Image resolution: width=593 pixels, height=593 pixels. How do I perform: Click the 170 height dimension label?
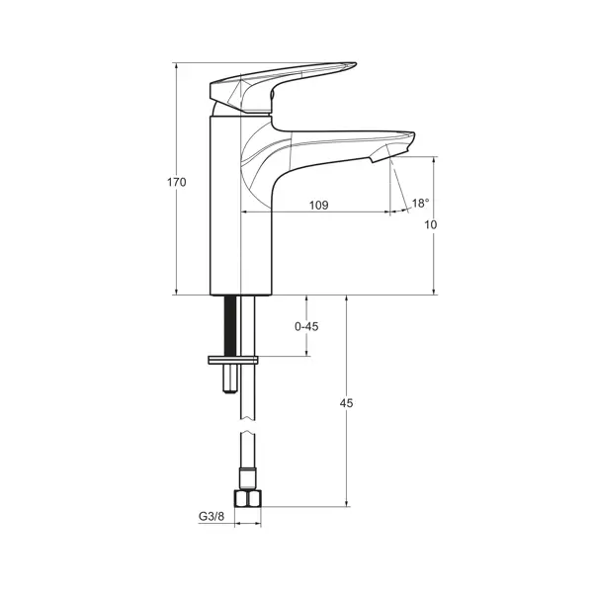pos(177,182)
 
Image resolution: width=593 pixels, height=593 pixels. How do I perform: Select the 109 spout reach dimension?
pos(319,205)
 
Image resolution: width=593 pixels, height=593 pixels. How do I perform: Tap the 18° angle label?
pos(421,203)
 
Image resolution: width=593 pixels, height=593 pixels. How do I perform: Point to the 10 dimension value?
pos(430,224)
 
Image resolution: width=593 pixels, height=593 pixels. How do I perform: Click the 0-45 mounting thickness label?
pos(306,326)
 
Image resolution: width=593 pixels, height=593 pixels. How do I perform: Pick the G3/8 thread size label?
pos(212,516)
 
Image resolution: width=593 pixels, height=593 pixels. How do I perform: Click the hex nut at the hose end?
pos(248,499)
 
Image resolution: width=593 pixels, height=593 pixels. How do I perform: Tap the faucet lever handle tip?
pos(354,64)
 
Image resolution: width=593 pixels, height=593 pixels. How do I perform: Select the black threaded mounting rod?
pos(230,325)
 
